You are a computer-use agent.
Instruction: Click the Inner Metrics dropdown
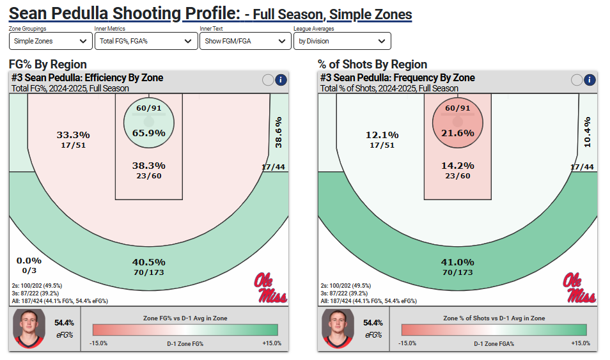click(x=145, y=41)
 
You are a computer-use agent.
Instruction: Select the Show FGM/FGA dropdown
click(x=245, y=41)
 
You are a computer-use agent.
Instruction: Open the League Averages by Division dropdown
click(x=342, y=41)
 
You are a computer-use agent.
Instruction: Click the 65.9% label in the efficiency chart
click(x=148, y=133)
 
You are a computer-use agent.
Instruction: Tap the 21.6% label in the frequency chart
click(x=458, y=133)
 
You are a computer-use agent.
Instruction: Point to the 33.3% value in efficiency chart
click(x=74, y=135)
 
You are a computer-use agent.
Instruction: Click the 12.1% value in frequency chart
click(x=382, y=135)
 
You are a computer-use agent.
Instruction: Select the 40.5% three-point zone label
click(x=148, y=262)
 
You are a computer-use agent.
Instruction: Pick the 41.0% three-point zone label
click(x=458, y=262)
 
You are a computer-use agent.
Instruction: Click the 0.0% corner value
click(x=29, y=260)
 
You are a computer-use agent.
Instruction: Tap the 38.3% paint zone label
click(x=148, y=165)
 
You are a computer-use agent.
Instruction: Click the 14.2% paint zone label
click(x=458, y=165)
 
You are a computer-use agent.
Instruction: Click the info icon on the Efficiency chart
click(x=281, y=80)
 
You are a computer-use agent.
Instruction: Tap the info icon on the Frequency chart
click(x=590, y=80)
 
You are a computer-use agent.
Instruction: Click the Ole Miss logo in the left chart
click(x=270, y=288)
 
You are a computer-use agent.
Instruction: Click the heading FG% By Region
click(x=48, y=64)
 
